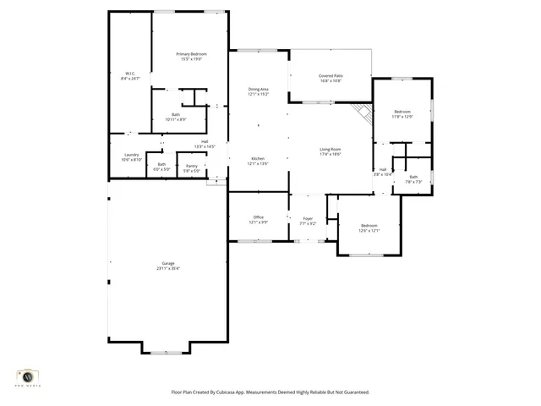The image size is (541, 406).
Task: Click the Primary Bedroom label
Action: [192, 57]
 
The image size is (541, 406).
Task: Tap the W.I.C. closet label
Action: [131, 75]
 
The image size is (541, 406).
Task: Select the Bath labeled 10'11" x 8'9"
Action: [176, 117]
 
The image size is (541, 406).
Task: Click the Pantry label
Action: [192, 168]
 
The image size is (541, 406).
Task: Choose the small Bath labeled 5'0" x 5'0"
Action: [161, 167]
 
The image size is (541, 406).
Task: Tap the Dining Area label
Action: [258, 91]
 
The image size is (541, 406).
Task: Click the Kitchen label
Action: [258, 161]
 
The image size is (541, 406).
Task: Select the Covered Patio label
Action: [331, 78]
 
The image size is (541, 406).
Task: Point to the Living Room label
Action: [330, 151]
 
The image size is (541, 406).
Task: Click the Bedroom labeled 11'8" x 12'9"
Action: [402, 114]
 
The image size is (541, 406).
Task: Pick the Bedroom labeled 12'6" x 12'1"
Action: [369, 228]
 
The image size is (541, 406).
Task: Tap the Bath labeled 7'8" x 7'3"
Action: [413, 179]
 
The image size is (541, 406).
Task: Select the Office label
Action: [258, 219]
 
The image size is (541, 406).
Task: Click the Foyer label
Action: [308, 221]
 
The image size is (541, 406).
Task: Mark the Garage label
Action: [167, 266]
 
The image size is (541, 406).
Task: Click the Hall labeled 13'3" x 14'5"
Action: [205, 144]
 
